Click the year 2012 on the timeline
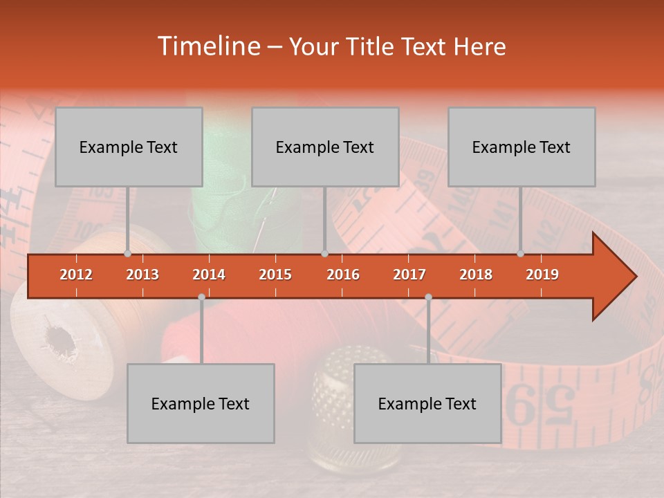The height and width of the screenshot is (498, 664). coord(76,275)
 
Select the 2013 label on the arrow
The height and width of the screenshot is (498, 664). coord(142,275)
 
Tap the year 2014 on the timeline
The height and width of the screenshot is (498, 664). coord(209,275)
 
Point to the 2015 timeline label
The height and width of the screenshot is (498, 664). coord(275,275)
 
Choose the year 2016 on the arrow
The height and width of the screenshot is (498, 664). coord(343,275)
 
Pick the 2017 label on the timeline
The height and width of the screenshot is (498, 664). coord(409,275)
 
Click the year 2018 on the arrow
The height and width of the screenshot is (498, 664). coord(476,275)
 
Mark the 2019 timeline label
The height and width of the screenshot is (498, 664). coord(542,275)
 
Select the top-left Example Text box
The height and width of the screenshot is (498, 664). coord(129,147)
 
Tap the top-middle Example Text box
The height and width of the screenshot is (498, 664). coord(325,147)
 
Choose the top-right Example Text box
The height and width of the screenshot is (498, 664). coord(522,147)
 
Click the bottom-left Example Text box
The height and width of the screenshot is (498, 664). coord(201,403)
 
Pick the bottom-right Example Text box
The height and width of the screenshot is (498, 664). coord(427,403)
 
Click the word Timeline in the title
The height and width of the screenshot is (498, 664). coord(207,46)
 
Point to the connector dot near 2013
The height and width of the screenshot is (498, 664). coord(127,254)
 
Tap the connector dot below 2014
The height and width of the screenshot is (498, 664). coord(201,297)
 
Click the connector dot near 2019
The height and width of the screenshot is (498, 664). coord(520,254)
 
